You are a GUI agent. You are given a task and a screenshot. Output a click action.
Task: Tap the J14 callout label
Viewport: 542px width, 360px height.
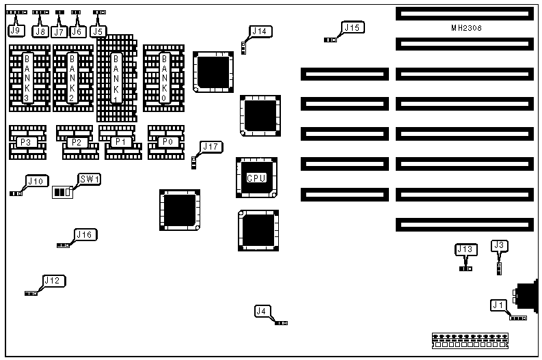point(260,31)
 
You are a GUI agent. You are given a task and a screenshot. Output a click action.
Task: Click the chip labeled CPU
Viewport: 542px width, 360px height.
point(256,178)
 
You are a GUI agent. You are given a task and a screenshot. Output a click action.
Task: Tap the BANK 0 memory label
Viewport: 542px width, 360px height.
point(164,77)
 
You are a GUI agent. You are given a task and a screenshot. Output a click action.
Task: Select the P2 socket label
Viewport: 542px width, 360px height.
point(75,142)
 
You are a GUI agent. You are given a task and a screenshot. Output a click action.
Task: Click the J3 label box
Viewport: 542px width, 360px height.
point(499,245)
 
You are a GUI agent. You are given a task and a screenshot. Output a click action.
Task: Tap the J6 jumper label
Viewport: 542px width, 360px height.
point(76,31)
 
